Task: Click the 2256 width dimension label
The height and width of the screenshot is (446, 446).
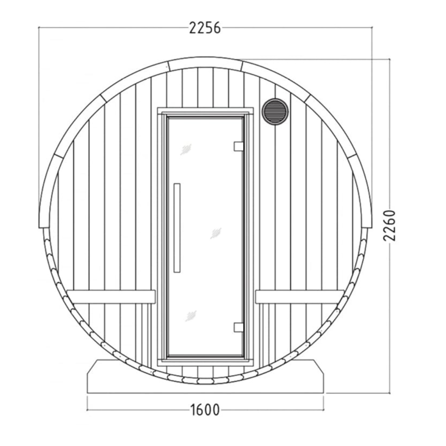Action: [205, 28]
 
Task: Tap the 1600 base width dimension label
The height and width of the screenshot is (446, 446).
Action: [205, 410]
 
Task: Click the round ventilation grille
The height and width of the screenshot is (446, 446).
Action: [275, 111]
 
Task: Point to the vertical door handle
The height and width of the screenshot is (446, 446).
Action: [177, 228]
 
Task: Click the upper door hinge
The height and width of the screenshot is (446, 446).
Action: [238, 147]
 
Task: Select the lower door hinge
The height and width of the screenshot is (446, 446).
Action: [238, 327]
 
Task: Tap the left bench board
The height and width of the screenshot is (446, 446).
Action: [111, 297]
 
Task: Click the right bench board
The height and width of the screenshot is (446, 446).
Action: [299, 297]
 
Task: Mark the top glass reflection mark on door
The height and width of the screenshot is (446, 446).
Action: [186, 149]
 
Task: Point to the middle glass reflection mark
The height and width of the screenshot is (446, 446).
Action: [216, 233]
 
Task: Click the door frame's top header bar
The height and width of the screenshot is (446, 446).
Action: [205, 111]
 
